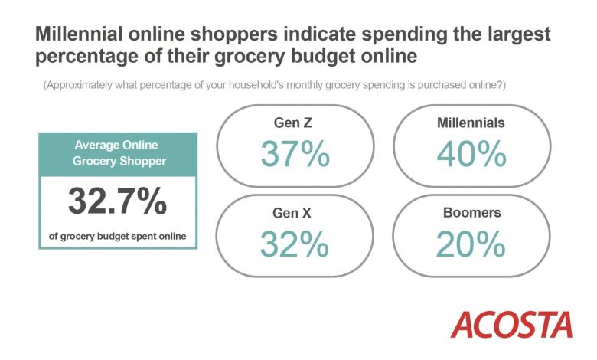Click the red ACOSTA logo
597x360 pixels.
click(511, 325)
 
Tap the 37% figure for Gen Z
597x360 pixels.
click(295, 153)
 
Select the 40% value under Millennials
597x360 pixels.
click(471, 153)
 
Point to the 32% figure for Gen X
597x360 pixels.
click(295, 244)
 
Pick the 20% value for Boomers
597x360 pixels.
click(471, 244)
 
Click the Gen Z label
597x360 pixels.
click(293, 123)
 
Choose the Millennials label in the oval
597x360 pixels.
click(471, 123)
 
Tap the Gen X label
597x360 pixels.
click(292, 213)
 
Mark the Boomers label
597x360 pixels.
click(472, 213)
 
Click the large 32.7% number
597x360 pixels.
click(117, 201)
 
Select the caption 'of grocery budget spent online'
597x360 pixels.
click(118, 236)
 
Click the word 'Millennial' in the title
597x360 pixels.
click(79, 34)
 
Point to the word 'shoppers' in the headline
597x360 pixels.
click(234, 35)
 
